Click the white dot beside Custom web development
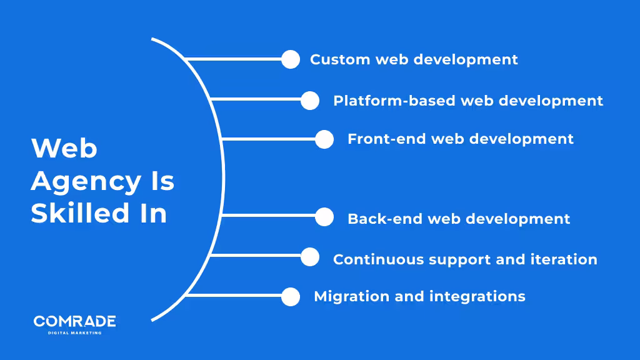(291, 59)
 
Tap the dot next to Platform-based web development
(310, 101)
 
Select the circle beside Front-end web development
(324, 139)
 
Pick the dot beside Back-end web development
(324, 217)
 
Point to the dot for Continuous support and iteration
(310, 257)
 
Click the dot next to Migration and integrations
(291, 297)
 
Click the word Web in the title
(64, 149)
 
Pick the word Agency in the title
(86, 182)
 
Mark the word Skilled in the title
(76, 213)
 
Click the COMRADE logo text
(74, 321)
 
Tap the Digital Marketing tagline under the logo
(74, 332)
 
